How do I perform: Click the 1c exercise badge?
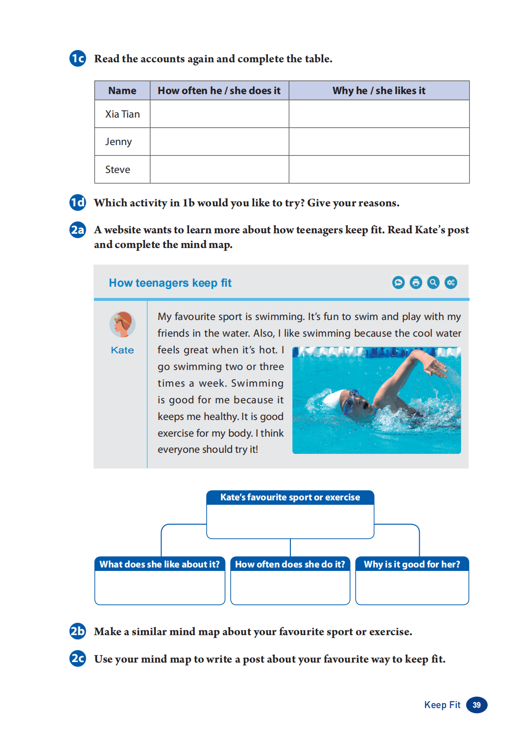pyautogui.click(x=77, y=58)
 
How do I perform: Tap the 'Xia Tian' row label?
pyautogui.click(x=122, y=114)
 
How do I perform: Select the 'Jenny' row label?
pyautogui.click(x=119, y=142)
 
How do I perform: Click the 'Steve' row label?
pyautogui.click(x=118, y=170)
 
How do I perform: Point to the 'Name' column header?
pyautogui.click(x=122, y=91)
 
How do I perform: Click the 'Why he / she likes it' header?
pyautogui.click(x=379, y=91)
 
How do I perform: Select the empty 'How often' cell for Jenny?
pyautogui.click(x=219, y=142)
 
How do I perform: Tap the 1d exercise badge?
pyautogui.click(x=77, y=202)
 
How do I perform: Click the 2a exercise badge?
pyautogui.click(x=77, y=230)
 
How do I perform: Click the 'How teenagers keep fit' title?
pyautogui.click(x=170, y=283)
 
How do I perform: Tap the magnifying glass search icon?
pyautogui.click(x=433, y=282)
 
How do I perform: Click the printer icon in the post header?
pyautogui.click(x=416, y=282)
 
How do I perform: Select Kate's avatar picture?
pyautogui.click(x=122, y=324)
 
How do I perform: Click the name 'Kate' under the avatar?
pyautogui.click(x=122, y=350)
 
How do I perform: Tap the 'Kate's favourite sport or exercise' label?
pyautogui.click(x=290, y=497)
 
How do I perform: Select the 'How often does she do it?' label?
pyautogui.click(x=290, y=564)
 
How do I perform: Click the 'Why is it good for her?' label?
pyautogui.click(x=412, y=564)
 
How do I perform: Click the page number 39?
pyautogui.click(x=476, y=705)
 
